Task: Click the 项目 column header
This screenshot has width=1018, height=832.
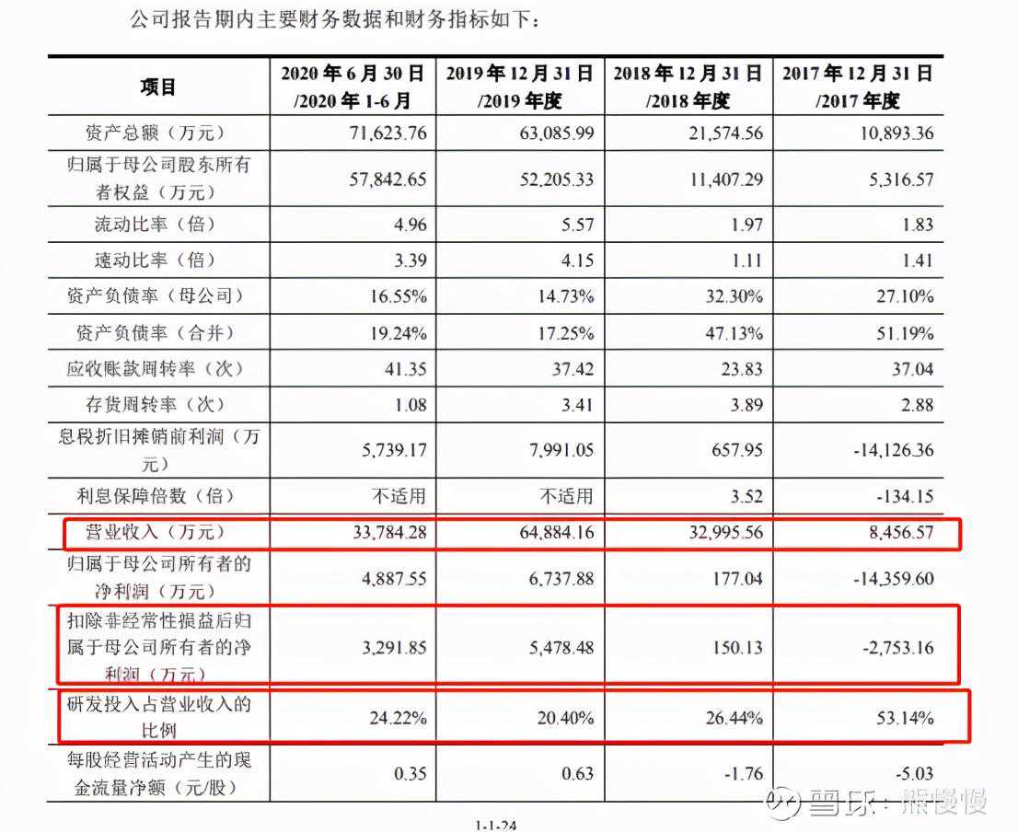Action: pyautogui.click(x=157, y=87)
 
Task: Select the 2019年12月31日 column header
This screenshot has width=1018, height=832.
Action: pyautogui.click(x=520, y=87)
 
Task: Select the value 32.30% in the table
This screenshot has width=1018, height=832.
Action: pyautogui.click(x=732, y=296)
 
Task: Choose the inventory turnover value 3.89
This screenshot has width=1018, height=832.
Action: pyautogui.click(x=744, y=404)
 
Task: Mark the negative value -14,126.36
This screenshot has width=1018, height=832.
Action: pyautogui.click(x=886, y=450)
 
